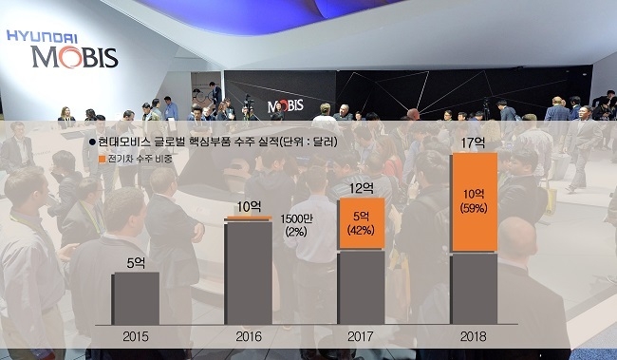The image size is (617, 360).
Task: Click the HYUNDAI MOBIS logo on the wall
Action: click(x=61, y=49)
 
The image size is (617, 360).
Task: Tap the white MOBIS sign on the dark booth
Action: click(x=285, y=105)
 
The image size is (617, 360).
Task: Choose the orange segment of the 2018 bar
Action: click(x=474, y=202)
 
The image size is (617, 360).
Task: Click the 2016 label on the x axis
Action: click(x=248, y=336)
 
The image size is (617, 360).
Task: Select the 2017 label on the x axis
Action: click(x=361, y=336)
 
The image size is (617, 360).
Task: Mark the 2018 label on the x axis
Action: click(x=474, y=336)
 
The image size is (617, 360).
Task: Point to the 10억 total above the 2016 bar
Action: click(x=248, y=206)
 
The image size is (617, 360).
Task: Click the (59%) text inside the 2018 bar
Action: click(x=474, y=208)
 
